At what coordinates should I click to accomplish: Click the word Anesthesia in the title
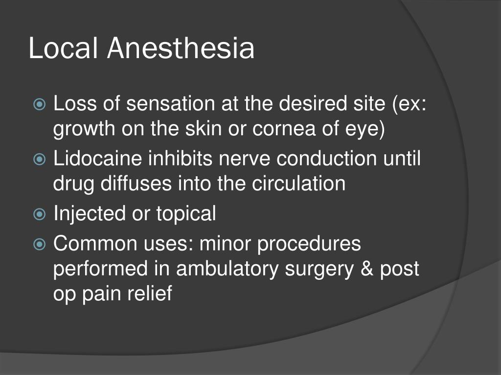181,49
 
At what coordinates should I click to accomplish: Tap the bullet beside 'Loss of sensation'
40,104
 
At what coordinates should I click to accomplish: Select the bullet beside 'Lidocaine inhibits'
40,160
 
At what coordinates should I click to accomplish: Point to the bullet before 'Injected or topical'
40,214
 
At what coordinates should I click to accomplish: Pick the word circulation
299,184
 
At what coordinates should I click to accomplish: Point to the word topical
186,214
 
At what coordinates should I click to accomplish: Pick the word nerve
232,159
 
